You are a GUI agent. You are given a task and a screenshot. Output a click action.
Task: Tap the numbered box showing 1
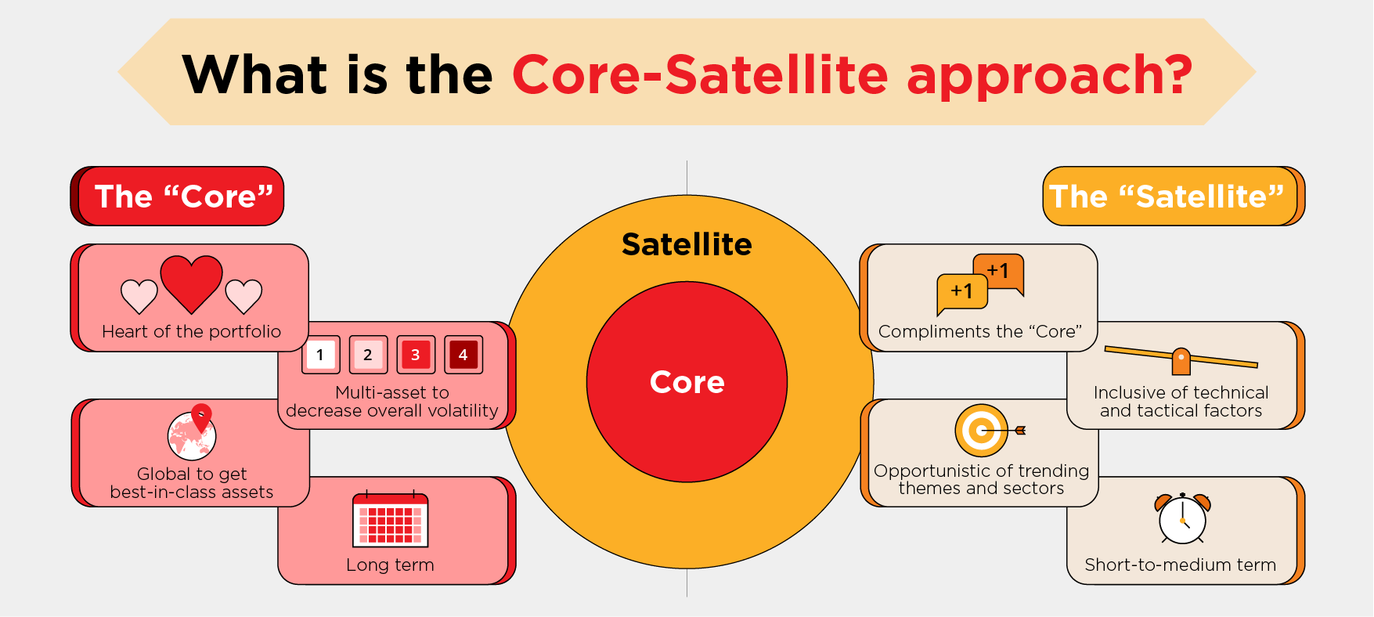320,355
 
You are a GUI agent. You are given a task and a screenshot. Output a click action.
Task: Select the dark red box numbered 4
463,355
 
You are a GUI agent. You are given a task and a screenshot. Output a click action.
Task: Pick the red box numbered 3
416,355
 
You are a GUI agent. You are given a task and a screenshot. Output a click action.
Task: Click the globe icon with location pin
192,432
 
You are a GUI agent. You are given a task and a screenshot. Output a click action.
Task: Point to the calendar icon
390,518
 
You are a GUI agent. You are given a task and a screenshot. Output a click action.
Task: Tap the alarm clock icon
1182,518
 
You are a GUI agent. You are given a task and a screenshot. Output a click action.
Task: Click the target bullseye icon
988,431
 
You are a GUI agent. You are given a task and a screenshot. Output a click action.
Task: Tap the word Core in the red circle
687,382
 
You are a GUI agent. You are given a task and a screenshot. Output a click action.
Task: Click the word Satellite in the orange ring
687,244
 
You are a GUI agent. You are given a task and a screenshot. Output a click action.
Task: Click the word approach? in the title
1049,77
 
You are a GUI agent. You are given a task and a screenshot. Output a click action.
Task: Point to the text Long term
390,565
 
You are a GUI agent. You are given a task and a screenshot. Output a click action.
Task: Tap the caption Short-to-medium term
1181,565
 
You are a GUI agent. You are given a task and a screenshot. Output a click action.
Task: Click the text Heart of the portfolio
192,331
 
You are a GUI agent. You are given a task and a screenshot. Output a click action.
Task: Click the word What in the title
255,75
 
